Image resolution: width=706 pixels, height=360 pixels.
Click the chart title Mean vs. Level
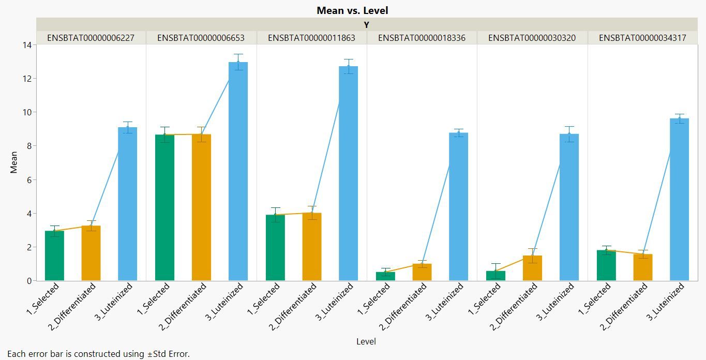[x=352, y=10]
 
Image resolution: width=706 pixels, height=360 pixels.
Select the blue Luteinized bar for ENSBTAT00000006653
[x=238, y=171]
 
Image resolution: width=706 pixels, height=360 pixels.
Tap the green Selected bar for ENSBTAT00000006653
[x=164, y=207]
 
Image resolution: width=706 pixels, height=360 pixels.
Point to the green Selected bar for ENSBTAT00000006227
[x=54, y=256]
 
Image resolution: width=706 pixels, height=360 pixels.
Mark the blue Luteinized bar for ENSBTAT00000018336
[x=458, y=206]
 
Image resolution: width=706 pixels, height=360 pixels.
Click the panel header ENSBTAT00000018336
[x=422, y=38]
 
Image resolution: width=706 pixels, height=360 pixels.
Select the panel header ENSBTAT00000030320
[x=532, y=38]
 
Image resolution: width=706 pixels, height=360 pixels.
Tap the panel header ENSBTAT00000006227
[x=91, y=38]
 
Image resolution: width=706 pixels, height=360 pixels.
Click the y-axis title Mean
[x=14, y=162]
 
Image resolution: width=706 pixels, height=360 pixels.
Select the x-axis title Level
[x=366, y=341]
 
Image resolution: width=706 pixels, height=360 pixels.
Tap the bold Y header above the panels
[x=366, y=24]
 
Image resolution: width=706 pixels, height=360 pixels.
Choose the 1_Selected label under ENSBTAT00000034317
[x=593, y=299]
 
